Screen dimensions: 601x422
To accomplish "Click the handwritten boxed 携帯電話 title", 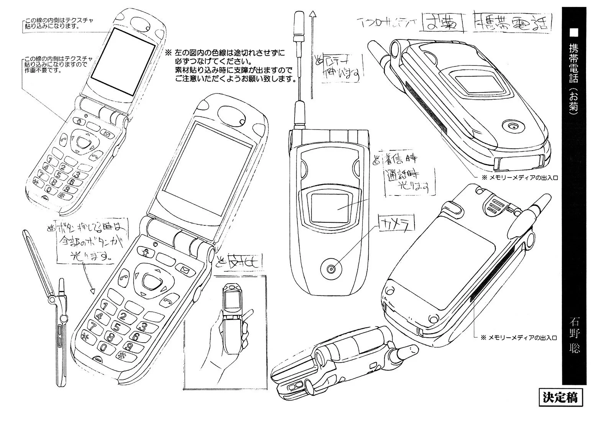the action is (x=511, y=25).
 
